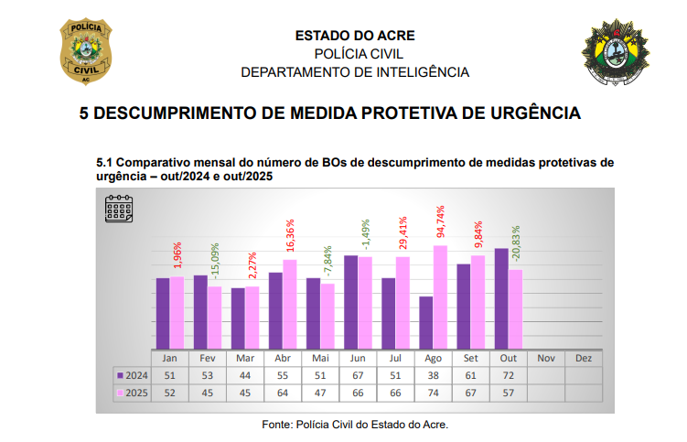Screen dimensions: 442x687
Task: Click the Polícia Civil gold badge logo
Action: [87, 52]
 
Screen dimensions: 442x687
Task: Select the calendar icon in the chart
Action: [119, 210]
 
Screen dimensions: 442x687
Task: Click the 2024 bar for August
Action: [425, 322]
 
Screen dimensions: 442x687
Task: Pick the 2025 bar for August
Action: [440, 297]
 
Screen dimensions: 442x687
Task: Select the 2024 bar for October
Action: [501, 298]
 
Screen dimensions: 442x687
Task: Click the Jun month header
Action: [358, 358]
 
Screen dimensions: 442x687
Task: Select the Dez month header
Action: [584, 358]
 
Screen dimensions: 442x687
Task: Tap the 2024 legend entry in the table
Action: [132, 375]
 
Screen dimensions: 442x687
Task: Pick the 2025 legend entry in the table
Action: [132, 393]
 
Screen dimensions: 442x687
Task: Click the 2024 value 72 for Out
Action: [508, 375]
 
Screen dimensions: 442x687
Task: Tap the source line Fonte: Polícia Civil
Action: [355, 425]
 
